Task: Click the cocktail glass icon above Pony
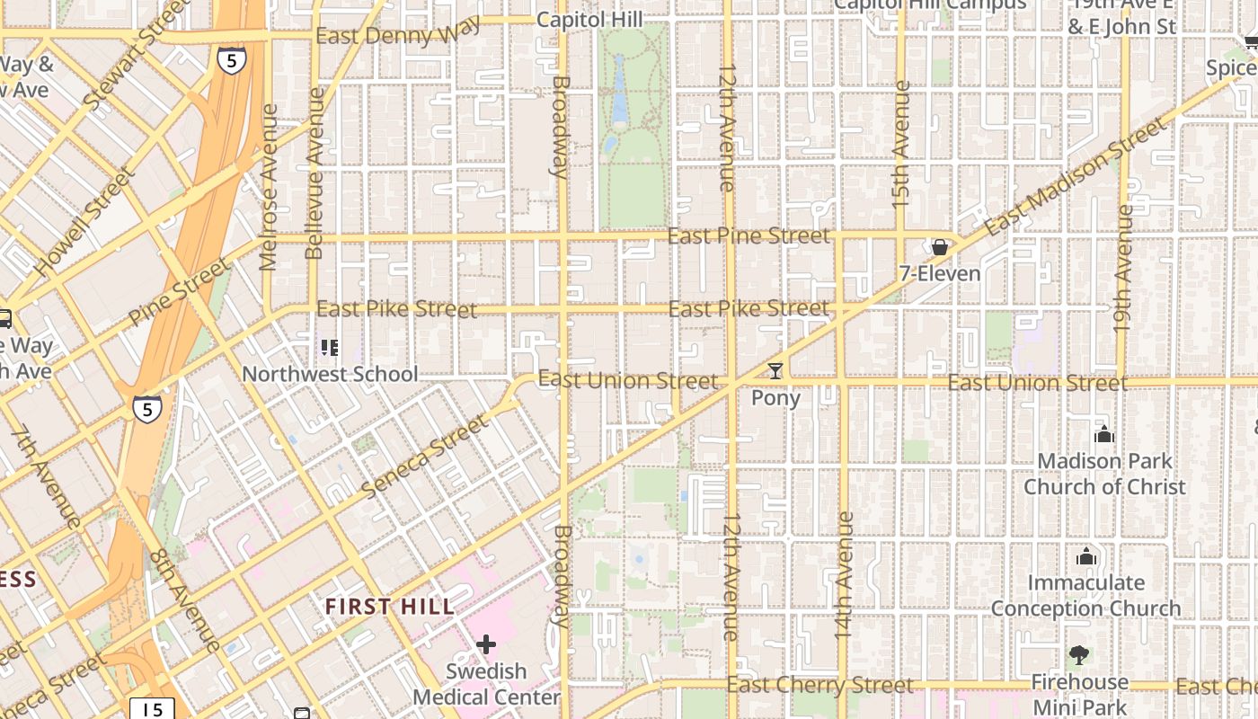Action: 775,370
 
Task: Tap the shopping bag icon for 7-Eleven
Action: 940,247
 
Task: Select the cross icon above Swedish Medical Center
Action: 486,644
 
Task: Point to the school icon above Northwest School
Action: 330,347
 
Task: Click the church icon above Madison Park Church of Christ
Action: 1104,435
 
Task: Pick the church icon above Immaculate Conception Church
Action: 1086,556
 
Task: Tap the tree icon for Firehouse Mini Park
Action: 1079,655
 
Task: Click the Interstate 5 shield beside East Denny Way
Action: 231,59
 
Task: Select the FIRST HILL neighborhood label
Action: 390,607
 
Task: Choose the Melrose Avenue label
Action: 269,187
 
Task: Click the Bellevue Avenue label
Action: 314,174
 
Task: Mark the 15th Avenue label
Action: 901,145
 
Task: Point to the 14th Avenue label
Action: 844,575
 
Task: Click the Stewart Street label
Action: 136,56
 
